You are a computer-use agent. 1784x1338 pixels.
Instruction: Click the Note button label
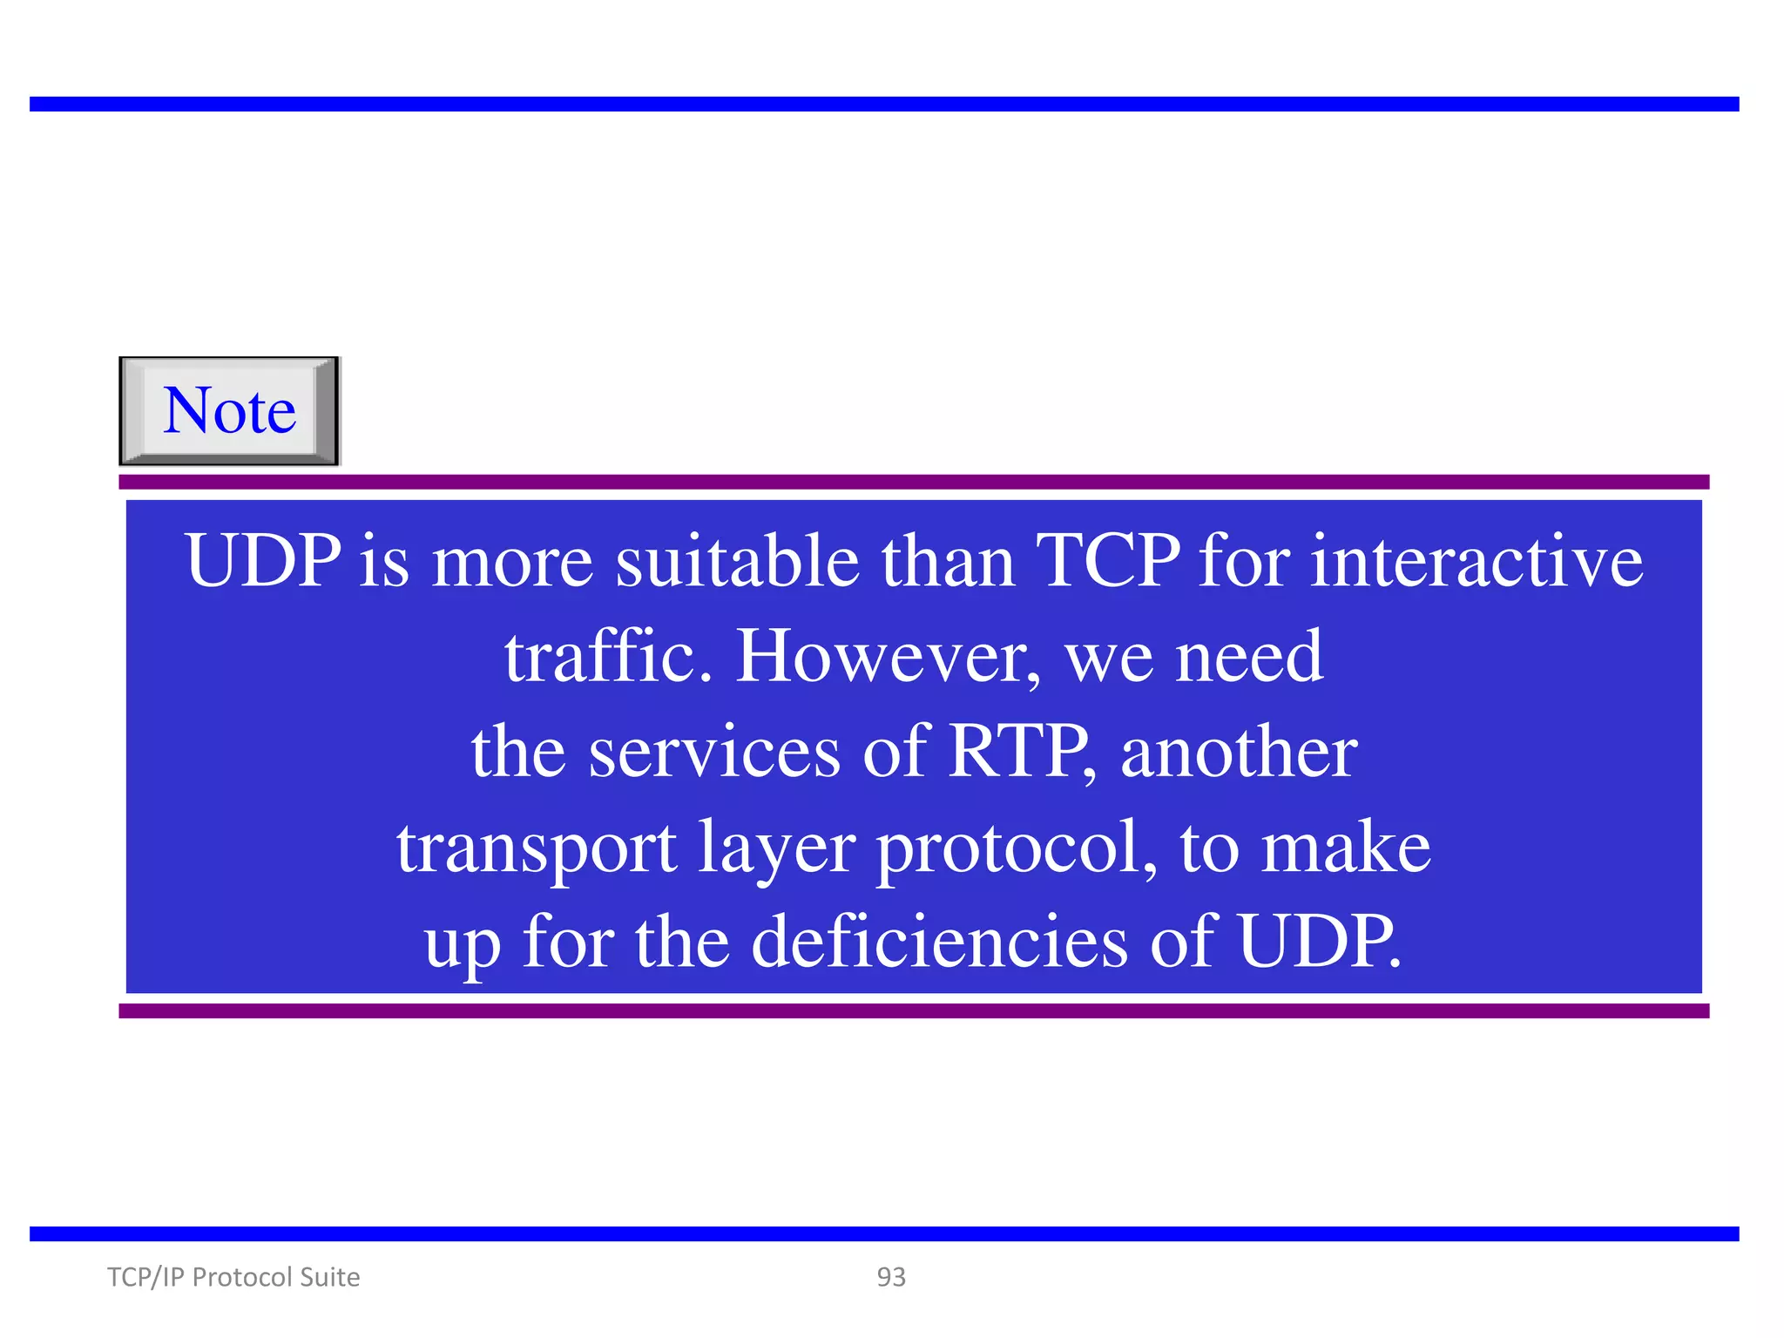tap(229, 410)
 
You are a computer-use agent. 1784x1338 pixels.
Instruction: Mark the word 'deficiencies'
tap(939, 943)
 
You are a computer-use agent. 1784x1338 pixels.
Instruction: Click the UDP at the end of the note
tap(1318, 943)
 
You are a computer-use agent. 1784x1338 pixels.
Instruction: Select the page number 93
tap(891, 1277)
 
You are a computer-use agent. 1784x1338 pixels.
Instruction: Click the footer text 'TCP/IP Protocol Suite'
tap(233, 1277)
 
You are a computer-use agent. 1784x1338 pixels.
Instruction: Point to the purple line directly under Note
tap(914, 482)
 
